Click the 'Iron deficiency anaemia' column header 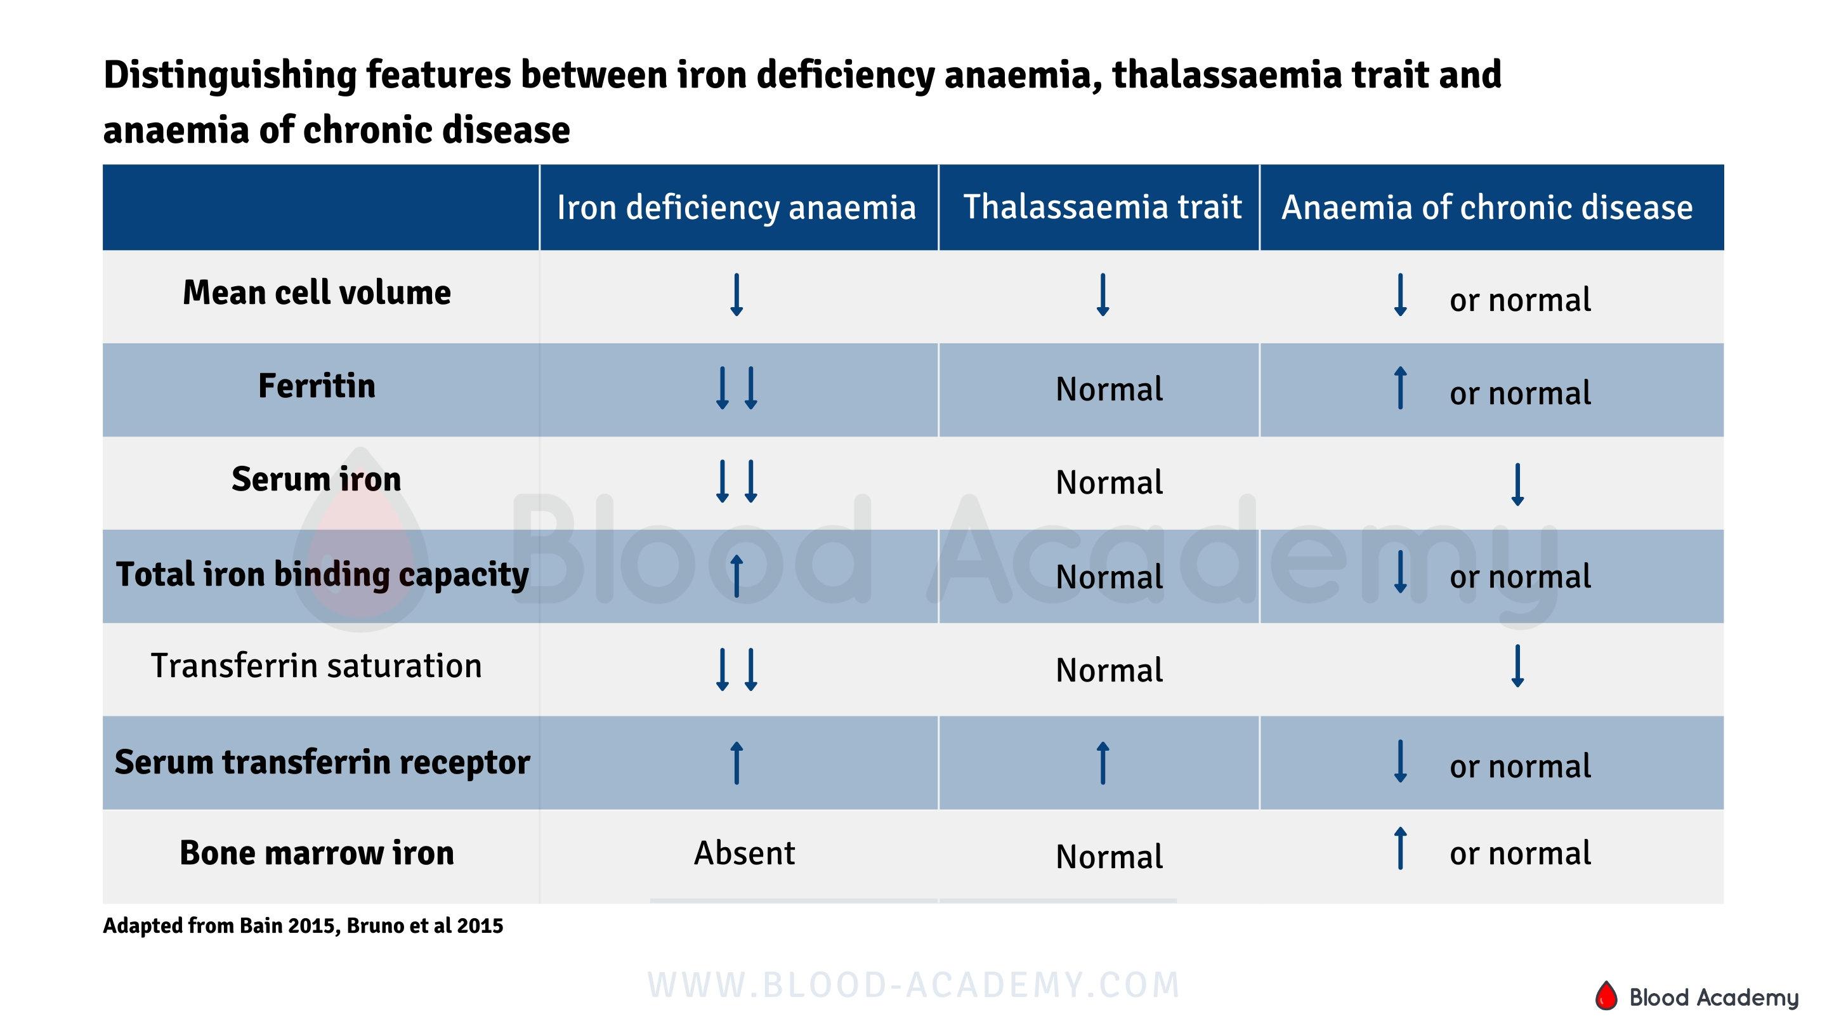point(736,208)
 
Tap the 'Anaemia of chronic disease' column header point(1486,208)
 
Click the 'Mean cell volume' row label point(317,293)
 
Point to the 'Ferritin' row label point(317,386)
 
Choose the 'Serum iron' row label point(317,480)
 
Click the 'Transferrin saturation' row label point(317,666)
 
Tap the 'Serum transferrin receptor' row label point(322,763)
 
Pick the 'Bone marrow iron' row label point(317,853)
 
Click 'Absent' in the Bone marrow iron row point(744,853)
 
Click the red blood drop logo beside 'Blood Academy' point(1606,996)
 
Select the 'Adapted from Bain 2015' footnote point(303,926)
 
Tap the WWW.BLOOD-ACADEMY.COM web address point(913,985)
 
